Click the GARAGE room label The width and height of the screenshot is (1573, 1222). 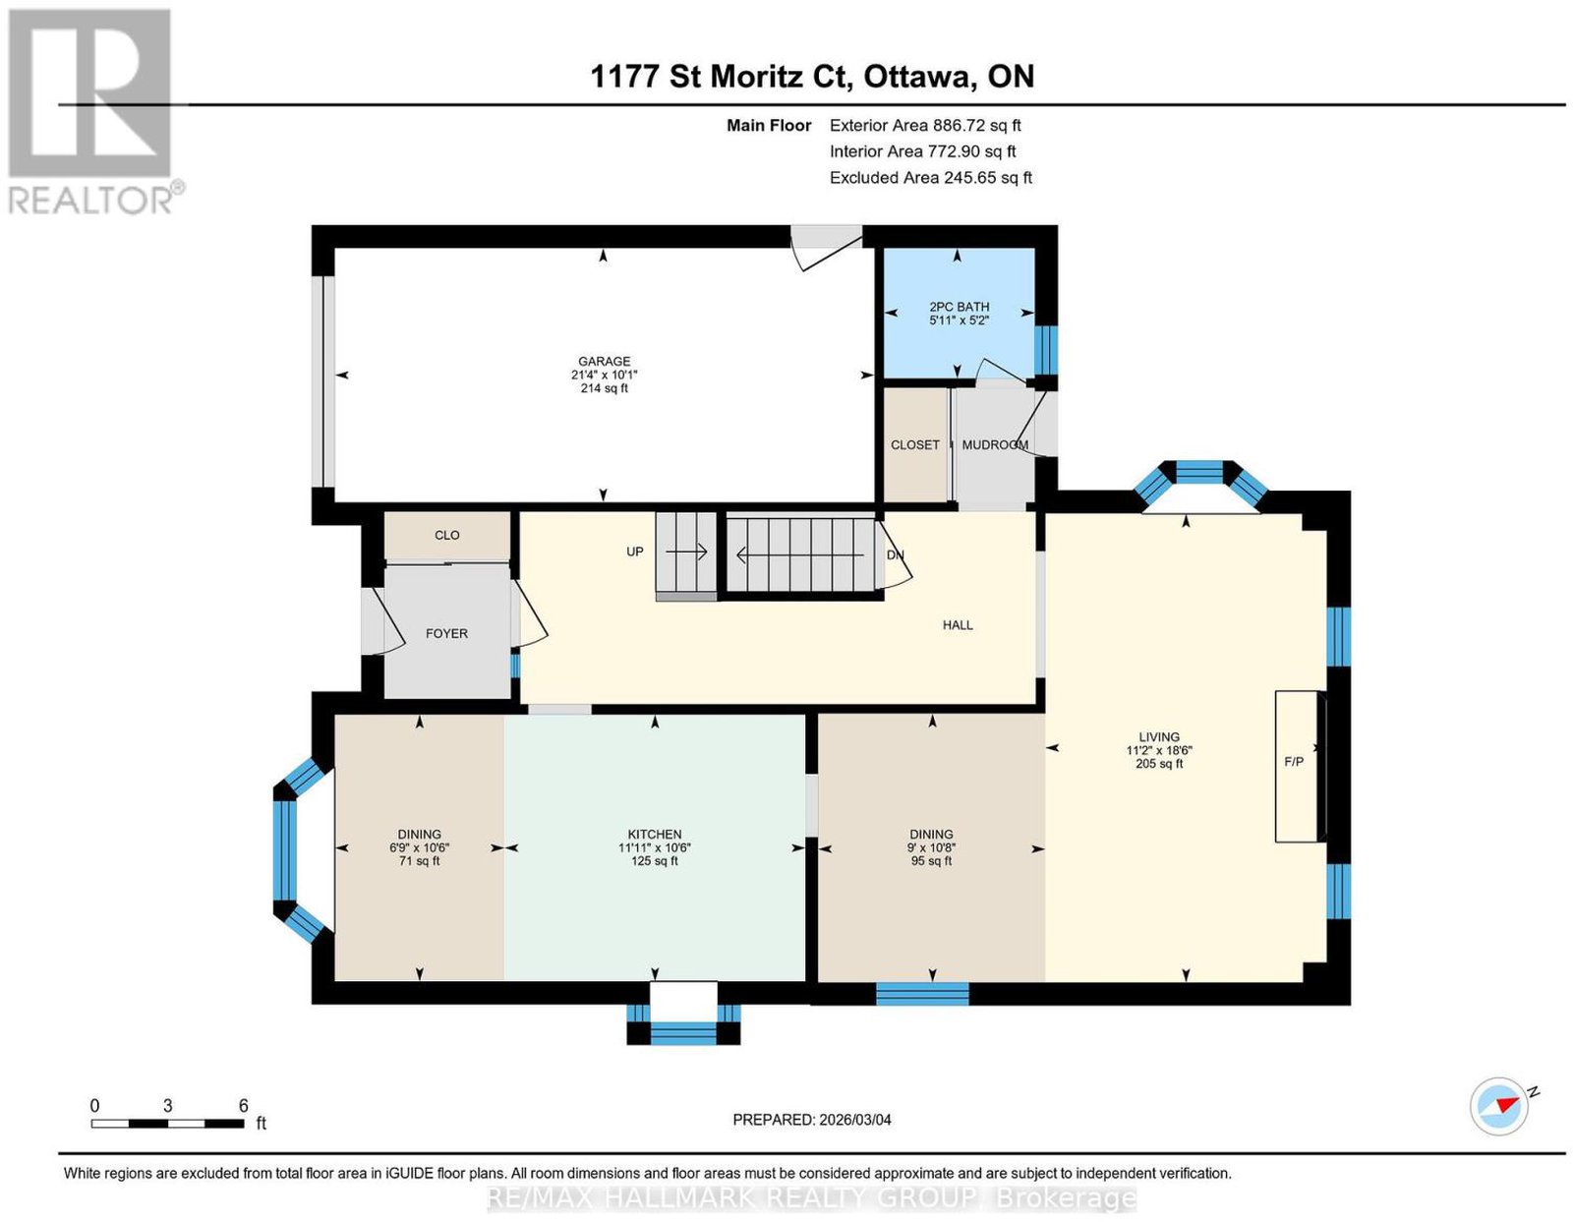click(x=604, y=361)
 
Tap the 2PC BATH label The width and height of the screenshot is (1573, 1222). click(x=960, y=307)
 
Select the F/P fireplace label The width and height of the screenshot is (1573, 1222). click(x=1294, y=762)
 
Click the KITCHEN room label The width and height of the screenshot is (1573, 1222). click(x=655, y=835)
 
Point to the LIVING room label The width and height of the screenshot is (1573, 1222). click(x=1158, y=737)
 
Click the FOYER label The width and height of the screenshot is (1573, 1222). click(x=446, y=634)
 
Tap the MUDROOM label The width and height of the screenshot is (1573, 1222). click(x=995, y=445)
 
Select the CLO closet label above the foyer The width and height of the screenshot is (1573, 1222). click(x=446, y=536)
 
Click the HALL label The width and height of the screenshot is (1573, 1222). click(x=957, y=625)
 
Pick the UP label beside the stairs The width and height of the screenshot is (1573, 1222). click(x=634, y=553)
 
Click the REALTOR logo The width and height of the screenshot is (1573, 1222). click(x=92, y=113)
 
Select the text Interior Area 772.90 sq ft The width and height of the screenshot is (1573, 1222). click(x=922, y=151)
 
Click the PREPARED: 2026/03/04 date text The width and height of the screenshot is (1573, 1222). click(x=811, y=1120)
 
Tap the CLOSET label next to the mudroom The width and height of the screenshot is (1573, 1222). click(x=914, y=445)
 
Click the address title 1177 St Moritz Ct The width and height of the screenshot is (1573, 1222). click(x=718, y=77)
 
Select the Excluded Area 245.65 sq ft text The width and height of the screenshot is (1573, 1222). click(x=931, y=178)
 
